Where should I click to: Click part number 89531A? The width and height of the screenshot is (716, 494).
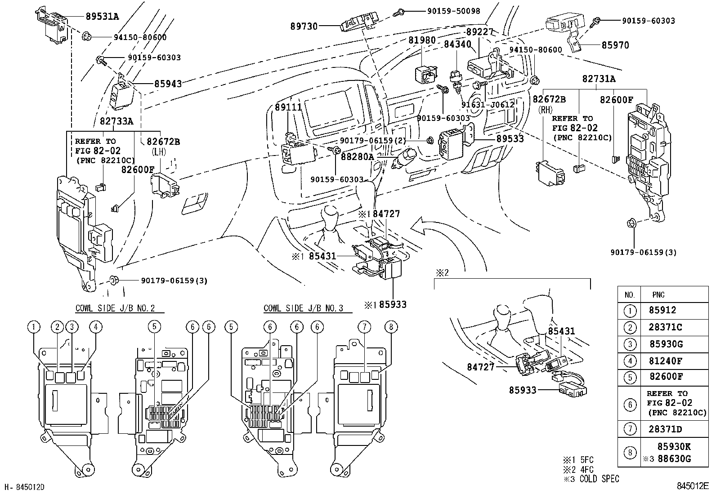pos(102,16)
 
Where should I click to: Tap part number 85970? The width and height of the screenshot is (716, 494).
pos(615,45)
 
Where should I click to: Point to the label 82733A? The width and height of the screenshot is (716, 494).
pos(116,121)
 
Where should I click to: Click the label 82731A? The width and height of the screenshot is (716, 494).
pos(599,79)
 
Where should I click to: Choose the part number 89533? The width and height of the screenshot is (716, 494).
pos(510,139)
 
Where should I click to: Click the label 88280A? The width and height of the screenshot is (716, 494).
pos(358,157)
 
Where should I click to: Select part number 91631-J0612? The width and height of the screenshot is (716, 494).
pos(488,105)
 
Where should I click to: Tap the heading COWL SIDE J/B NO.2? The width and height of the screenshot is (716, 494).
pos(115,308)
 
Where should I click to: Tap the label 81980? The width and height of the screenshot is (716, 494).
pos(422,40)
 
